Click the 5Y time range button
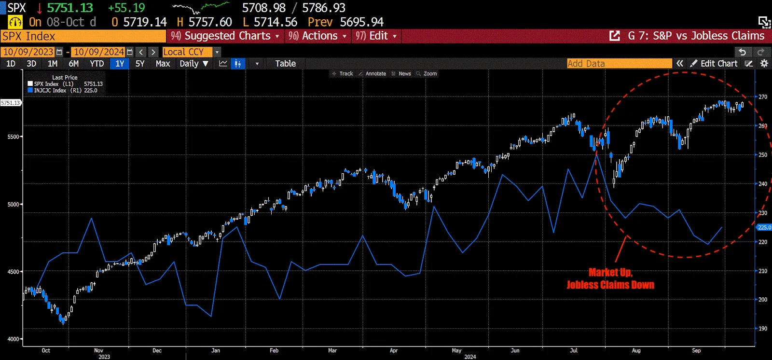click(140, 64)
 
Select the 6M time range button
click(74, 64)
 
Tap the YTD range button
click(96, 64)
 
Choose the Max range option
click(163, 64)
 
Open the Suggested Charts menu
click(225, 36)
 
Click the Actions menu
click(318, 36)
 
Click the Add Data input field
click(619, 64)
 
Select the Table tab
click(285, 64)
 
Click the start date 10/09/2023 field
click(28, 52)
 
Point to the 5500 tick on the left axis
click(13, 137)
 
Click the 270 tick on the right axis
click(763, 97)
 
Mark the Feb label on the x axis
click(274, 351)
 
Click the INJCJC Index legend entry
click(50, 91)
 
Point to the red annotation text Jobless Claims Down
click(610, 285)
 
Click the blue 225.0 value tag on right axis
click(764, 227)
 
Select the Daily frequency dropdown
click(193, 64)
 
